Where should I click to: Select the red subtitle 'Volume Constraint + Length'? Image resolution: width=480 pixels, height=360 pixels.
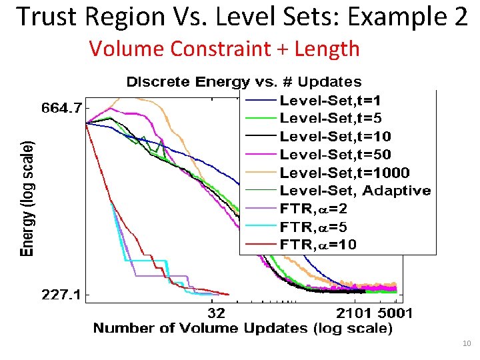pos(224,49)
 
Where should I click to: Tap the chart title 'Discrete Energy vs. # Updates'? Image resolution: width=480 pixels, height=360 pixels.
pos(244,82)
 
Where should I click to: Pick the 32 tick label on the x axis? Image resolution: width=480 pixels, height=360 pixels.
pos(217,312)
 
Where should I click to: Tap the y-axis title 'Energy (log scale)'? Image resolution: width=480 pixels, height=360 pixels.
pos(26,199)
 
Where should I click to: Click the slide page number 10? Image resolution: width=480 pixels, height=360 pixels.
pos(466,344)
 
